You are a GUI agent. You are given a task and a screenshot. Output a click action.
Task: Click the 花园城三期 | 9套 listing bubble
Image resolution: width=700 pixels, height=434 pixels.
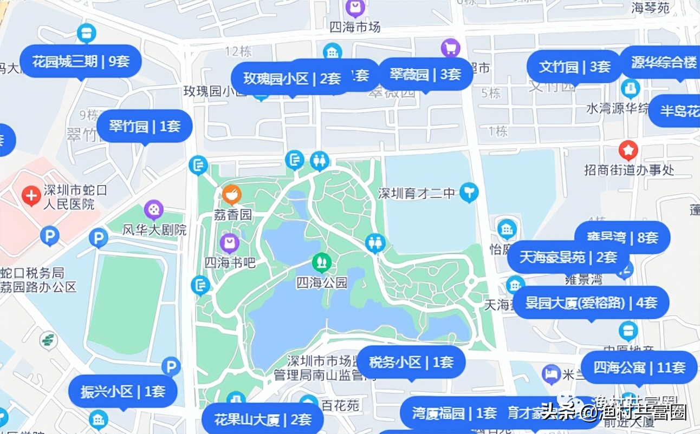tap(81, 61)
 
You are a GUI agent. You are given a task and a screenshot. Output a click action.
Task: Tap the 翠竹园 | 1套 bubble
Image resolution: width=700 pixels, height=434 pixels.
tap(145, 127)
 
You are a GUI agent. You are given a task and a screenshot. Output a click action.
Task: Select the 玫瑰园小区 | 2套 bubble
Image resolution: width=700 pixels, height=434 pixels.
tap(292, 79)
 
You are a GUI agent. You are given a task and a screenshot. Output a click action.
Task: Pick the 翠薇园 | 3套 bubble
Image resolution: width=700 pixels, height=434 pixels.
tap(425, 75)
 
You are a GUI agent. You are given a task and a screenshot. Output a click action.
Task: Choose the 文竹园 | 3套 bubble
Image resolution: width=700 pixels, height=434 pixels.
tap(575, 67)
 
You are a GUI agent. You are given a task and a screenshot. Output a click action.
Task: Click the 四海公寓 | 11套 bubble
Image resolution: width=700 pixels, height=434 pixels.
tap(639, 368)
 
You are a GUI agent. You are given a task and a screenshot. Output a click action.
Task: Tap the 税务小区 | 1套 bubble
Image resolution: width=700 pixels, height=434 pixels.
tap(411, 362)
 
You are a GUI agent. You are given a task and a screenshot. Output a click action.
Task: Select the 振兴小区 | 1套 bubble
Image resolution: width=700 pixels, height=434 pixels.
tap(123, 391)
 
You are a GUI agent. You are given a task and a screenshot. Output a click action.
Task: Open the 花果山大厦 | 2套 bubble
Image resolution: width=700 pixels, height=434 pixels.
tap(263, 419)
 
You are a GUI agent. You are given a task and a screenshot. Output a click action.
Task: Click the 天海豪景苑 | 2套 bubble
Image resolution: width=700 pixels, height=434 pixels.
tap(568, 257)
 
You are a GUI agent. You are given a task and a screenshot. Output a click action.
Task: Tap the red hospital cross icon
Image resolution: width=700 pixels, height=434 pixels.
tap(31, 195)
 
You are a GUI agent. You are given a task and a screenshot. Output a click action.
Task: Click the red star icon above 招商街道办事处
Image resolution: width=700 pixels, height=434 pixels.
tap(628, 150)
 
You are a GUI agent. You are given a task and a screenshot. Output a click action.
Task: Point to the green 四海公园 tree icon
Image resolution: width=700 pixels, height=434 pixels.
tap(321, 263)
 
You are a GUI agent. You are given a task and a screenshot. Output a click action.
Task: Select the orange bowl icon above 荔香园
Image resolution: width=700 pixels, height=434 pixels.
tap(231, 194)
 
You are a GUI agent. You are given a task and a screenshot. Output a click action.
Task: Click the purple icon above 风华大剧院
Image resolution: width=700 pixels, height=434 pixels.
tap(154, 209)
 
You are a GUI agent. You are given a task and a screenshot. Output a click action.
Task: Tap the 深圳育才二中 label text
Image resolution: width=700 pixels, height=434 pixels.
tap(416, 193)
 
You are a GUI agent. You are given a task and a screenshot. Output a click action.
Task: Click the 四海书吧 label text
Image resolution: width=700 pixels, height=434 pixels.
tap(230, 262)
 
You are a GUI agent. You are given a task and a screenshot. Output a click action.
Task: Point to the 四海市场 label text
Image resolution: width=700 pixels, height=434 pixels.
tap(355, 27)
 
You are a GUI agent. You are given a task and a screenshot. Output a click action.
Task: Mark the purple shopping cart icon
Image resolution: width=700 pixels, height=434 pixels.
tap(450, 48)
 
